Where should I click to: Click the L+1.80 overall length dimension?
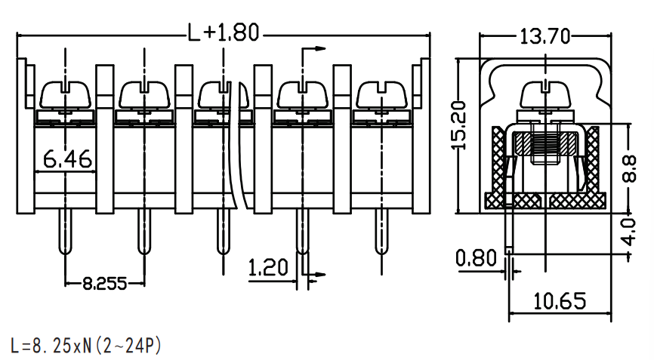[x=223, y=32]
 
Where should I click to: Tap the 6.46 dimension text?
[x=67, y=158]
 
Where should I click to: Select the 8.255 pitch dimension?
[x=104, y=284]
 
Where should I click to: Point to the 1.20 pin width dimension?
[x=268, y=267]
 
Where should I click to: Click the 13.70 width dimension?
[x=544, y=36]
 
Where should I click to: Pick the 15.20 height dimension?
[x=459, y=125]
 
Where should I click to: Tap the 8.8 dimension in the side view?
[x=629, y=168]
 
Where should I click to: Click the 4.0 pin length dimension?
[x=629, y=232]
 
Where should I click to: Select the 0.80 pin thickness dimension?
[x=476, y=258]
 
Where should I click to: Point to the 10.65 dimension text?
[x=560, y=301]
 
